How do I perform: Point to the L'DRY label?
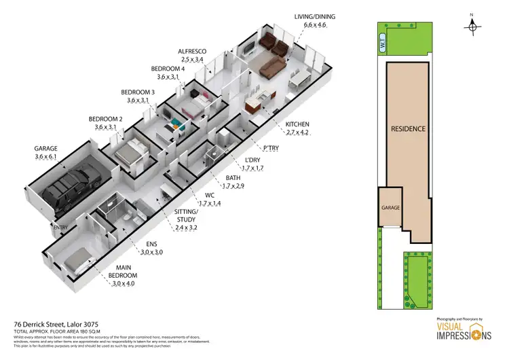tap(251, 162)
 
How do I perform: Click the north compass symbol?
tap(472, 23)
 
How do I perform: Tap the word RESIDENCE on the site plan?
tap(408, 129)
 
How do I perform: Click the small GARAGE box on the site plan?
tap(390, 207)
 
